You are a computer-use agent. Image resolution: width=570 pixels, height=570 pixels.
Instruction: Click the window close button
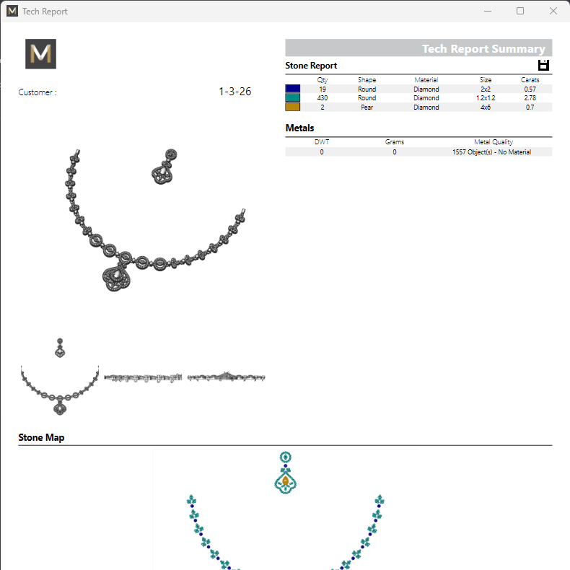click(553, 12)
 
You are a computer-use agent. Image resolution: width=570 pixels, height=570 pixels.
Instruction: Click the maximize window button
click(520, 12)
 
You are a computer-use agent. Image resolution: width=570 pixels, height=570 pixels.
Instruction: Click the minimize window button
click(487, 12)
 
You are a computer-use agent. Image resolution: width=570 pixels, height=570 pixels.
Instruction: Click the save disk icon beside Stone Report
click(544, 66)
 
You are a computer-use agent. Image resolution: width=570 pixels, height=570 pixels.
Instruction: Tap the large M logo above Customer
click(40, 54)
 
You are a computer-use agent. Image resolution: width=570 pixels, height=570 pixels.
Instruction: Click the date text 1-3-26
click(234, 92)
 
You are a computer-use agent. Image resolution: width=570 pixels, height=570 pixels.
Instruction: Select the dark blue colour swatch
click(292, 89)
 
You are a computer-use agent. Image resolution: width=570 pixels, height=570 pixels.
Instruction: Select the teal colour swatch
click(292, 98)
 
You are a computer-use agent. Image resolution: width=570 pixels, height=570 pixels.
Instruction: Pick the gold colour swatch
click(292, 107)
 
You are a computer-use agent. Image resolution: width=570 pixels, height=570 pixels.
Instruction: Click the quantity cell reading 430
click(322, 98)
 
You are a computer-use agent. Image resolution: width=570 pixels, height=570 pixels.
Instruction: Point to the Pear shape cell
click(367, 107)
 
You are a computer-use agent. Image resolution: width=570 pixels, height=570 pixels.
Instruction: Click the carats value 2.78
click(530, 98)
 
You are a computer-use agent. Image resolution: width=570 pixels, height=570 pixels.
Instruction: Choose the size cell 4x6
click(486, 107)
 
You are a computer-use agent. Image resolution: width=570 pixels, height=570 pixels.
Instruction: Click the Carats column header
click(530, 79)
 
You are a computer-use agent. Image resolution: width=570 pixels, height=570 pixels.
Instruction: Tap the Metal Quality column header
click(494, 142)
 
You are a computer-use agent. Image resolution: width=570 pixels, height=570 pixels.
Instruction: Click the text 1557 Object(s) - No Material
click(491, 152)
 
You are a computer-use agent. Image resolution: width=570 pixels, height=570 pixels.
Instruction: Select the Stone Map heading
click(41, 437)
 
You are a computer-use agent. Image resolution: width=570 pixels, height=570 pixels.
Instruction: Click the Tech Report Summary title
click(483, 49)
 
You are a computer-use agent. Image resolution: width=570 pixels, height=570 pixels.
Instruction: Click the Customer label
click(37, 92)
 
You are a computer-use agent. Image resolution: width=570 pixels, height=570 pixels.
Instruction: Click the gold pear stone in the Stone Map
click(286, 481)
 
